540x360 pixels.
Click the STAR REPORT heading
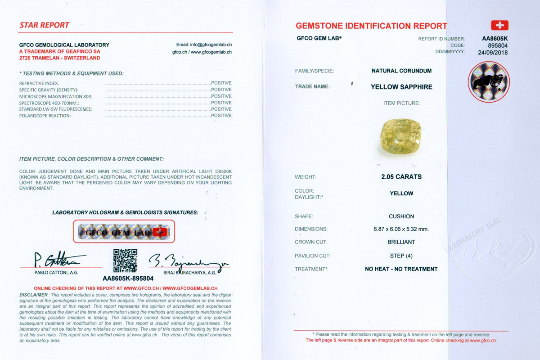(44, 25)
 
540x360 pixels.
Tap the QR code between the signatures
(125, 261)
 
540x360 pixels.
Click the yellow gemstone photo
(398, 136)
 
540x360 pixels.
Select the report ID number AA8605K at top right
(495, 39)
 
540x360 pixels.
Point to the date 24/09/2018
(492, 52)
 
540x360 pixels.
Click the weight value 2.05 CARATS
(401, 177)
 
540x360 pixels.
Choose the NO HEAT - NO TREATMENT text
(401, 269)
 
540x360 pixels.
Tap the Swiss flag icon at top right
(499, 25)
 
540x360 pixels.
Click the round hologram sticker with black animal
(489, 82)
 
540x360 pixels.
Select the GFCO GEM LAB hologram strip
(123, 232)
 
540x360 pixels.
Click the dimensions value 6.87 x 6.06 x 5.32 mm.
(401, 229)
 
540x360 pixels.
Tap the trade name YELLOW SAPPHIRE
(401, 87)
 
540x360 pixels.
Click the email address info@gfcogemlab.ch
(204, 45)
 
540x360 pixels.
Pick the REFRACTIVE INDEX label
(39, 83)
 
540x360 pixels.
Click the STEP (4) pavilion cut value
(401, 256)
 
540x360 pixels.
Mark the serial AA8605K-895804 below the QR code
(128, 279)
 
